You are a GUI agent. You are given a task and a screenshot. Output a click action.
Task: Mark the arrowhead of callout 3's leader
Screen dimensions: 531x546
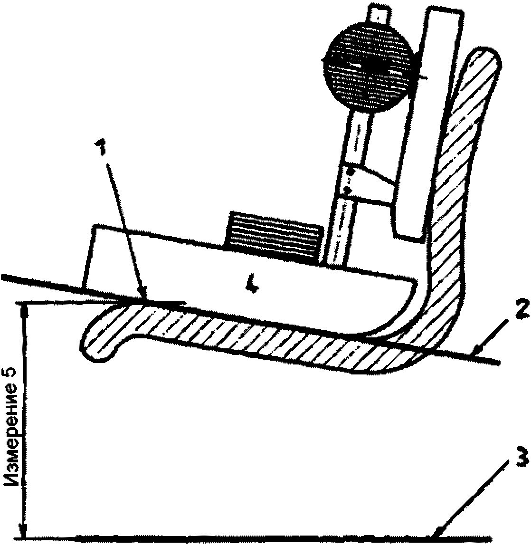click(436, 536)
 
